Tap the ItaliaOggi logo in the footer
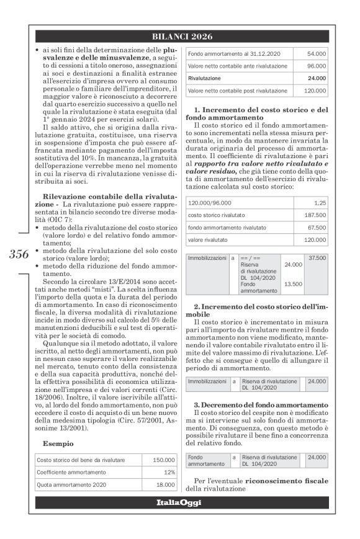pos(179,502)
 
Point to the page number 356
pos(19,255)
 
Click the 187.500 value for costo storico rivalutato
pos(314,215)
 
